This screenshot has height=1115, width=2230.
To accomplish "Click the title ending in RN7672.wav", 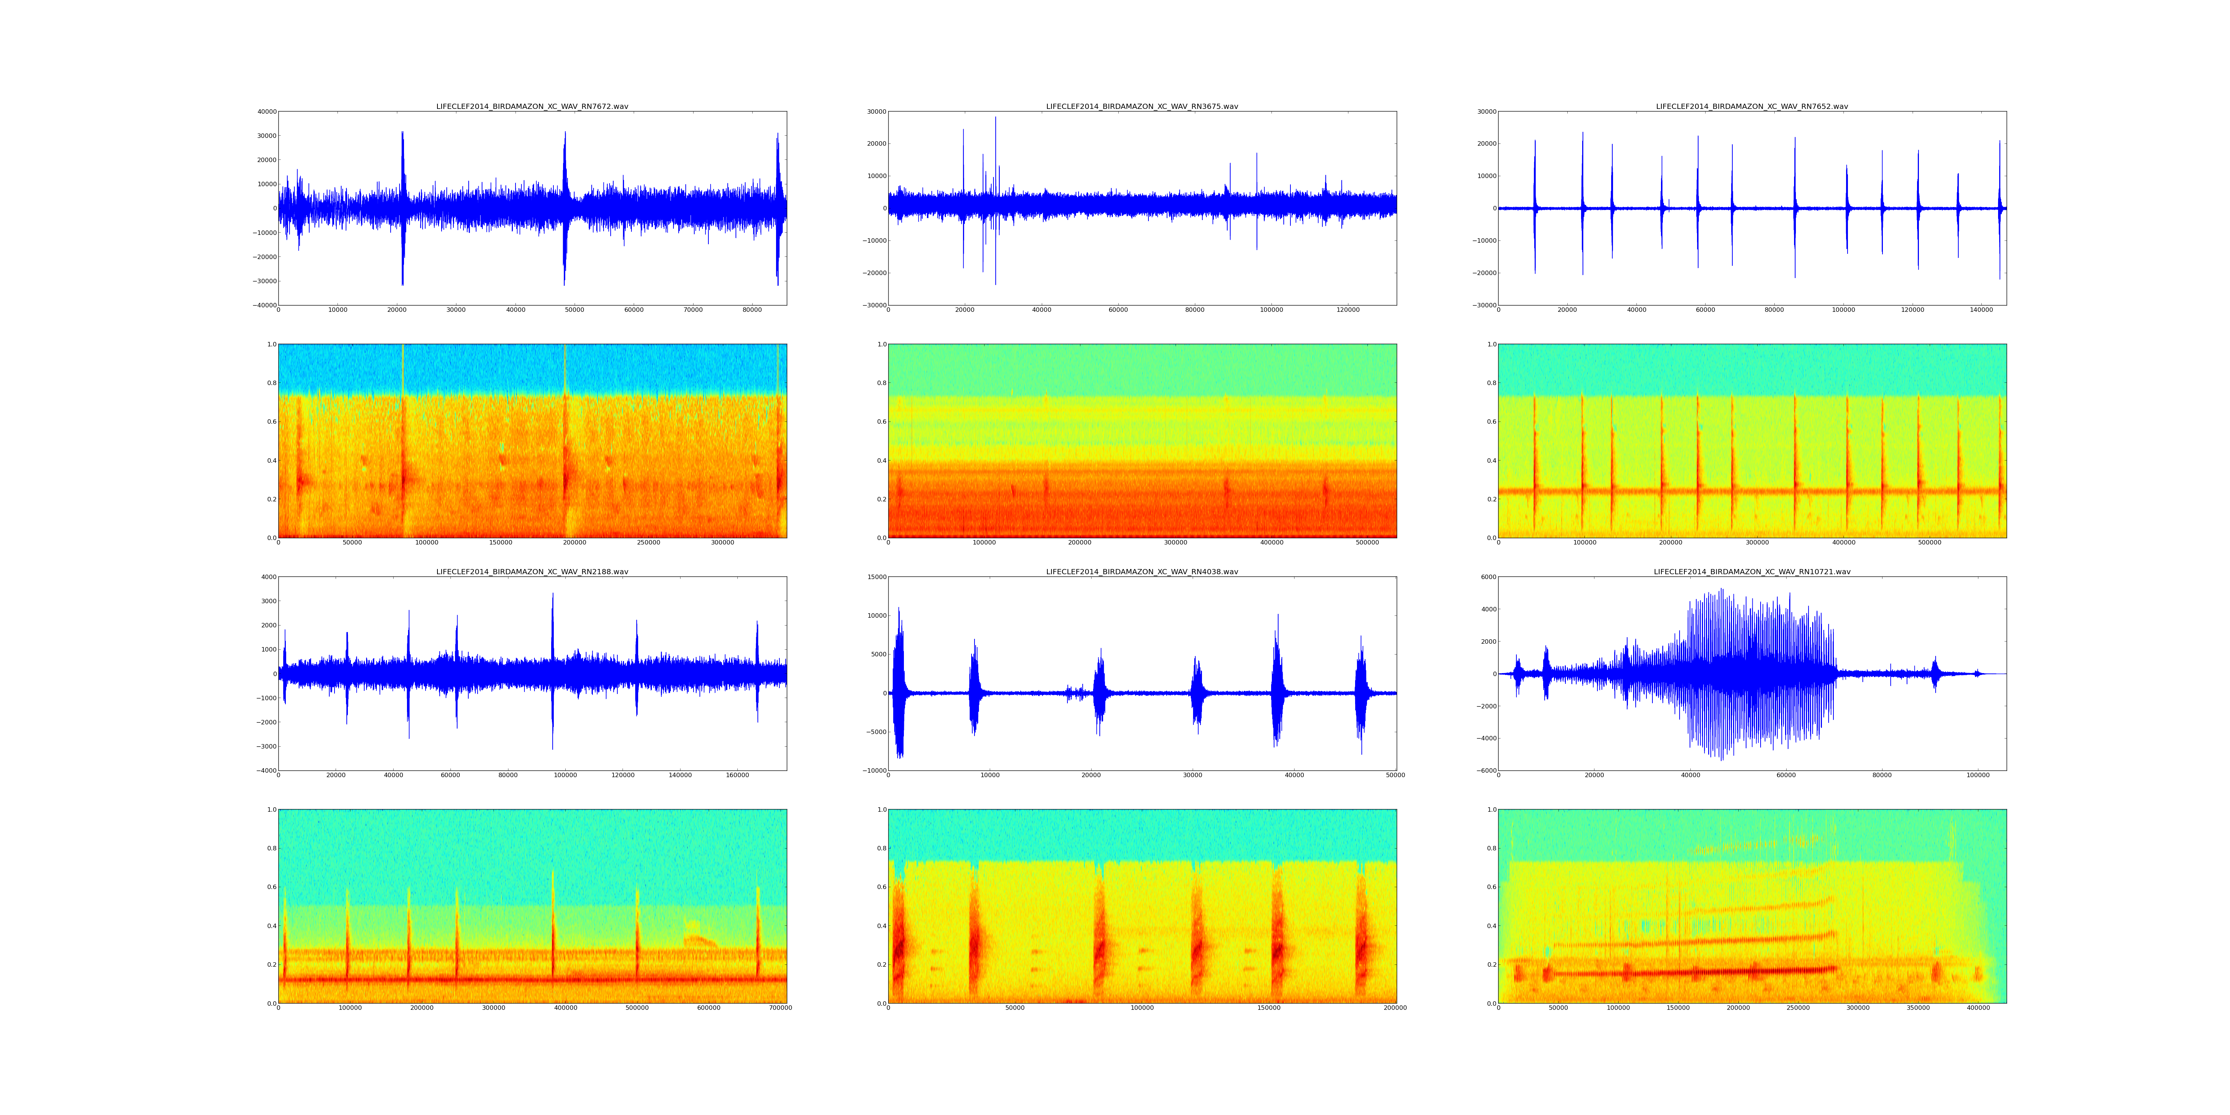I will click(531, 106).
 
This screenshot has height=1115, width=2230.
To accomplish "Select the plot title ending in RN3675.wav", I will click(1142, 106).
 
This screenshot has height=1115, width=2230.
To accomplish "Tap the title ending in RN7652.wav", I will click(1751, 106).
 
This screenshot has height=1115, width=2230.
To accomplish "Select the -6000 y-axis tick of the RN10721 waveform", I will click(1484, 770).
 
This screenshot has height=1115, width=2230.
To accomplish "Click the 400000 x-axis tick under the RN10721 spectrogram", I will click(1978, 1008).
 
